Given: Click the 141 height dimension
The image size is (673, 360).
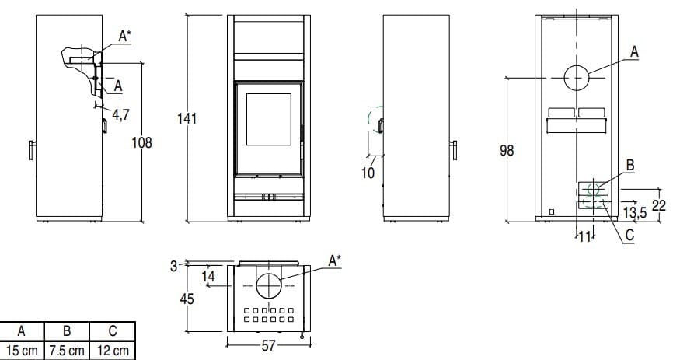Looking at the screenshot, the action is coord(187,118).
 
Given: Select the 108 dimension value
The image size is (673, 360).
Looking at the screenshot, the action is coord(141,142).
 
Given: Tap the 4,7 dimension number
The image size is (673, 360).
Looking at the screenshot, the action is coord(120,115).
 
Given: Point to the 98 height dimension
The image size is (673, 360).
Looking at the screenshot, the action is coord(507,150).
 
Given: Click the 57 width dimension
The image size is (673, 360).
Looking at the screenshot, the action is coord(268,345).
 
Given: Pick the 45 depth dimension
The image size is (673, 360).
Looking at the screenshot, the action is coord(187,299).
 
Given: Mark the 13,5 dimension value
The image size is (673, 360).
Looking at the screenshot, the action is coord(635,212).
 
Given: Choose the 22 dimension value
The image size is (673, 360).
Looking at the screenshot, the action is coord(659,205).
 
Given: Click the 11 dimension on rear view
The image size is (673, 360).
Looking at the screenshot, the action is coord(584,236).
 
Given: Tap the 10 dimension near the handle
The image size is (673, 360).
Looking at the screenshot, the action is coord(368,173).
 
